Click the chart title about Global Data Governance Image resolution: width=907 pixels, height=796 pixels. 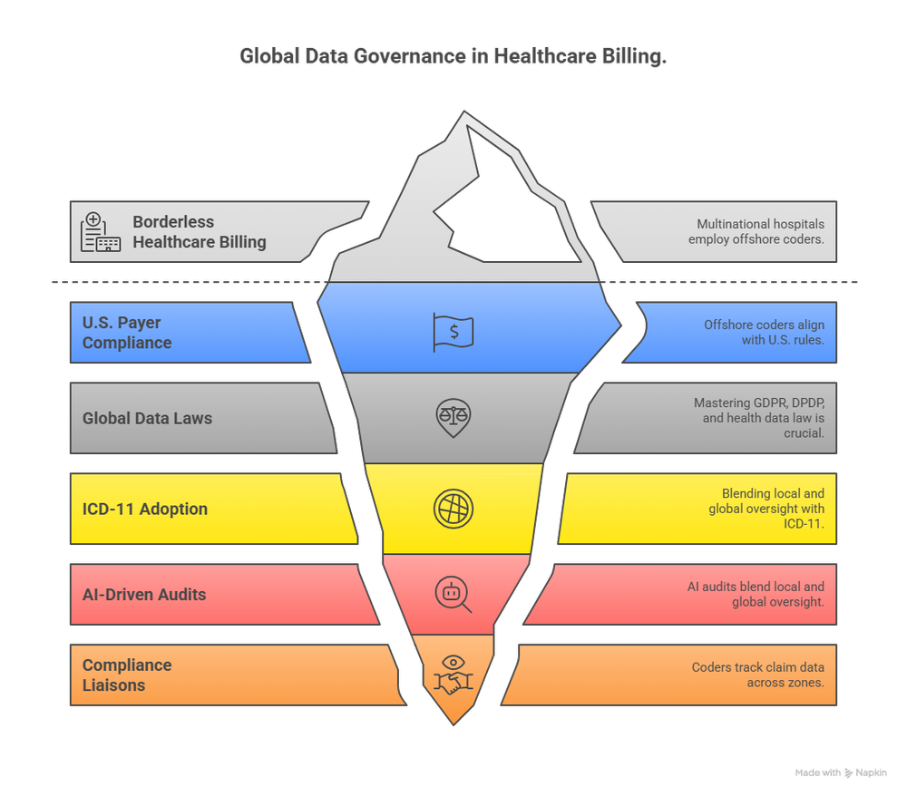click(453, 56)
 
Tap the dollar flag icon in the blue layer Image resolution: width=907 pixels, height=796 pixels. click(453, 331)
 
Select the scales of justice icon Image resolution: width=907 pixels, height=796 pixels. click(453, 417)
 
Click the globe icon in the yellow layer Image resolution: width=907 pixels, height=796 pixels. click(453, 508)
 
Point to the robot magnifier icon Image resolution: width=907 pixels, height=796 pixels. click(453, 594)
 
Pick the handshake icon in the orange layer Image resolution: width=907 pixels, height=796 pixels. click(453, 675)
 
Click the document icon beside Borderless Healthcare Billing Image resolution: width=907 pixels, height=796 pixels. click(100, 232)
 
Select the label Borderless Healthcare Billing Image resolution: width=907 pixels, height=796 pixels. click(200, 232)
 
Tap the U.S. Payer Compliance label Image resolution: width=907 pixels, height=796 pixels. click(127, 333)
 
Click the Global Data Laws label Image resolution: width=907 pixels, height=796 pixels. click(147, 419)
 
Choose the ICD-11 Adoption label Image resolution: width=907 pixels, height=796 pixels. click(145, 509)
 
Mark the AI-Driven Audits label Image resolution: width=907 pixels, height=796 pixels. click(144, 595)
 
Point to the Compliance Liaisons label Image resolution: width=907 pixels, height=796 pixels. click(127, 675)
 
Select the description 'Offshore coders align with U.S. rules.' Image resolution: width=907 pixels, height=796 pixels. click(764, 333)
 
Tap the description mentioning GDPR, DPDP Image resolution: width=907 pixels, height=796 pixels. click(759, 418)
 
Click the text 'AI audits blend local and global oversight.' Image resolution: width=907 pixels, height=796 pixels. click(756, 595)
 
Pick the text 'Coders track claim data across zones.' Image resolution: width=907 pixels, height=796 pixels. click(757, 675)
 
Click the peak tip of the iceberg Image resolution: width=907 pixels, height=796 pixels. click(465, 114)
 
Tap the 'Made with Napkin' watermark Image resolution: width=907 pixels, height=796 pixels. click(841, 773)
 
